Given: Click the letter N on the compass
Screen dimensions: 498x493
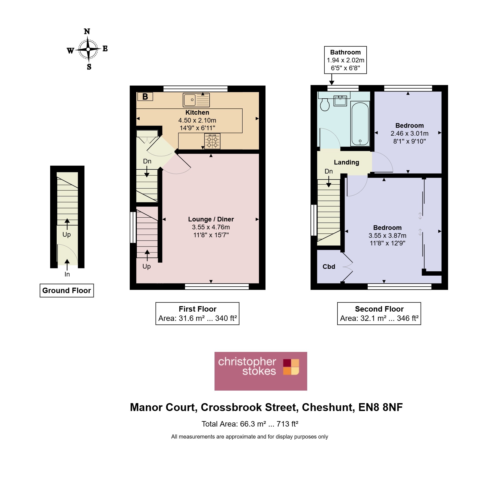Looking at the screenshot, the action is [87, 31].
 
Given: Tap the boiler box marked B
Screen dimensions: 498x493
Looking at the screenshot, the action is [145, 96].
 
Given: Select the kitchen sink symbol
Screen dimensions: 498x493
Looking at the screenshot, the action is [196, 100].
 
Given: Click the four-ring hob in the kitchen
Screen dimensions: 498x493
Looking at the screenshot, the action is [212, 141].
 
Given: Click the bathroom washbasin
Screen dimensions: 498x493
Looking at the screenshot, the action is [340, 101].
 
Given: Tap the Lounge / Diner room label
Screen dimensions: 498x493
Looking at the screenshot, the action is [211, 219].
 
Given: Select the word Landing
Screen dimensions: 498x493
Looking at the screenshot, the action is [346, 162].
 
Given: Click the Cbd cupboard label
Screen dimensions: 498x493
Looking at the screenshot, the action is [329, 267].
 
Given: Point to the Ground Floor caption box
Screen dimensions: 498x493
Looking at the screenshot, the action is [67, 290].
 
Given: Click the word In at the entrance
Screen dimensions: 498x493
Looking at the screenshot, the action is [67, 274].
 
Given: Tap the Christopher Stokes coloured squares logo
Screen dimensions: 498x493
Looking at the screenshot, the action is [291, 367].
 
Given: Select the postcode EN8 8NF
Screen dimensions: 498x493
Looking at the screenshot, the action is [381, 407].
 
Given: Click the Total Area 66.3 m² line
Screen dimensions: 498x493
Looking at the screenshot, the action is [250, 424].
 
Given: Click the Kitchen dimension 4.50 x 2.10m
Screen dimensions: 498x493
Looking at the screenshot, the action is [197, 120].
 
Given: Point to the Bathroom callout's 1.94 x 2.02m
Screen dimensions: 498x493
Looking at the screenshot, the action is [345, 60].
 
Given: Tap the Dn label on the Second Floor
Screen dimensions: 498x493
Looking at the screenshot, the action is [329, 171].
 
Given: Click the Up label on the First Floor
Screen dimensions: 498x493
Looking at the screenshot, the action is [147, 266].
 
